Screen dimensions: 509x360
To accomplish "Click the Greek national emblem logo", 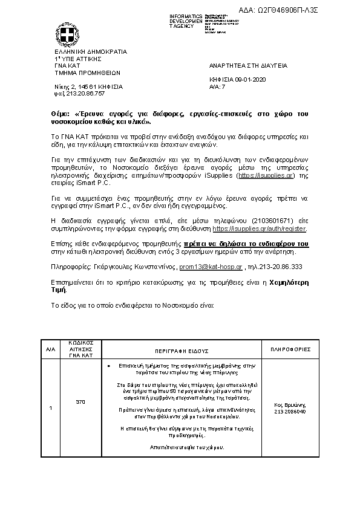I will pos(67,34).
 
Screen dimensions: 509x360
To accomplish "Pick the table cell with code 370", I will pos(80,401).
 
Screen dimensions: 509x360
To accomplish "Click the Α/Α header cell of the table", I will pos(50,350).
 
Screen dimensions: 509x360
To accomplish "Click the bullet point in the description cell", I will pos(108,366).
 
